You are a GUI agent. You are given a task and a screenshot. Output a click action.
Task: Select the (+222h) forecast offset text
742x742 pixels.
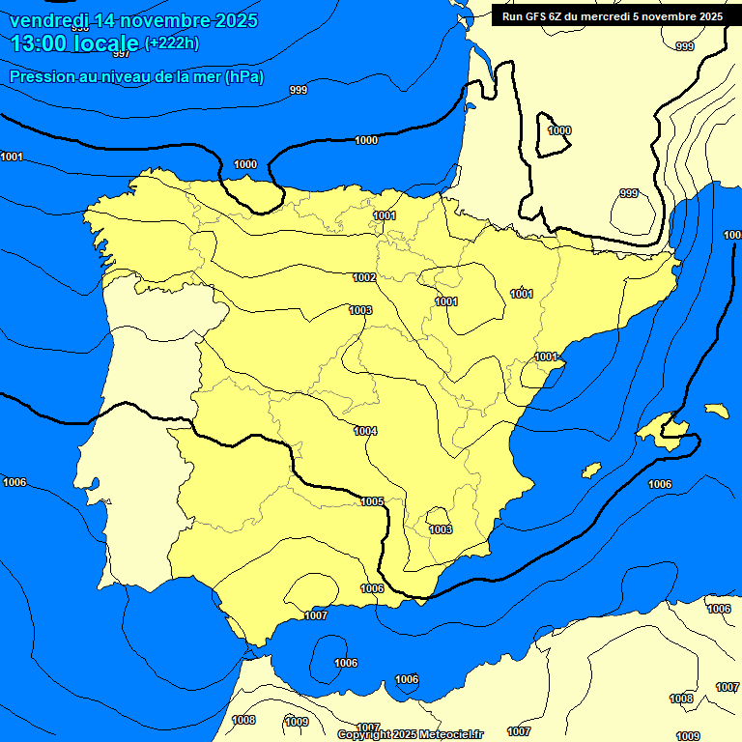click(x=172, y=43)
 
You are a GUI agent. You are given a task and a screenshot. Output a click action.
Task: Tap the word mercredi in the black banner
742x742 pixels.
click(x=622, y=15)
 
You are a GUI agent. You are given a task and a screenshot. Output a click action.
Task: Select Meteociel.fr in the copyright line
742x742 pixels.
click(x=448, y=734)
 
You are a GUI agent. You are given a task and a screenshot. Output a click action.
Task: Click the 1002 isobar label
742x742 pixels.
click(x=364, y=277)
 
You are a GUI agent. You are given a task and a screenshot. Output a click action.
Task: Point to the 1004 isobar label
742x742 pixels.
click(x=365, y=431)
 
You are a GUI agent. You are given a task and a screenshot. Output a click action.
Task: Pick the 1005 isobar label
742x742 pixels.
click(x=373, y=501)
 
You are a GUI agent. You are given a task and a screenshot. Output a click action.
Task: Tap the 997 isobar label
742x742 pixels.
click(x=122, y=54)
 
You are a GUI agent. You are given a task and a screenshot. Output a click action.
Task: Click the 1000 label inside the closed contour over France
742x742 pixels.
click(x=559, y=130)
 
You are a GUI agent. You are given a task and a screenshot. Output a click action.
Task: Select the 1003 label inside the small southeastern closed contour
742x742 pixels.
click(x=441, y=529)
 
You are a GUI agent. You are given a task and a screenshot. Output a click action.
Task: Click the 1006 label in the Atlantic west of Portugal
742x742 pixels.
click(x=14, y=482)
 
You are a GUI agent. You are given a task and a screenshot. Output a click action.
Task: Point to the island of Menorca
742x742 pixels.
click(x=716, y=411)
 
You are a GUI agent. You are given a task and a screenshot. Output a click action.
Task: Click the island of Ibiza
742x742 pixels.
click(x=591, y=470)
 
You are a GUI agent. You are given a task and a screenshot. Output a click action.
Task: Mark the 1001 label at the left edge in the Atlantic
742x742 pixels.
click(x=12, y=157)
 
